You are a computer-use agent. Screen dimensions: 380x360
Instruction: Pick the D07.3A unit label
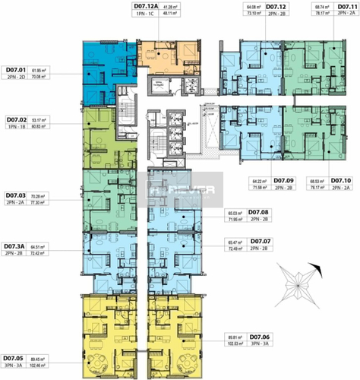[17, 246]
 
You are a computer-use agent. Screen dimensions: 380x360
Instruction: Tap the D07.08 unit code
[259, 212]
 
